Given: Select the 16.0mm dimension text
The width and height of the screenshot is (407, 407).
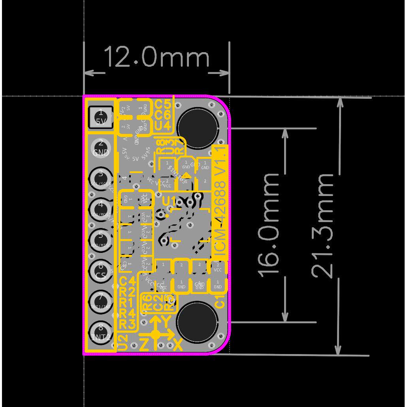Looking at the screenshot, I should point(269,224).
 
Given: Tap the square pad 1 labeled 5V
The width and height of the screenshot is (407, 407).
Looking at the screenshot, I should point(100,117).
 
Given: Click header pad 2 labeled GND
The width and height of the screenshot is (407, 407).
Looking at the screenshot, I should point(100,147).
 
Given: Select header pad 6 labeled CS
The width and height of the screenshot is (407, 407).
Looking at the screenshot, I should point(100,271).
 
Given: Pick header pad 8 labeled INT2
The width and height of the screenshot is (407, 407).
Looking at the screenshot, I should point(100,332).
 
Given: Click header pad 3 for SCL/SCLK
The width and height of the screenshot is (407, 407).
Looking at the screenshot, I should point(100,177).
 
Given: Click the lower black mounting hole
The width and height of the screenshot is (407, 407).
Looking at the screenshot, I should point(196,321).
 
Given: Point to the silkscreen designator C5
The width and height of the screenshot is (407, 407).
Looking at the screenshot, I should point(162,105).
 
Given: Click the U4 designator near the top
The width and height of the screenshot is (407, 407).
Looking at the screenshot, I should point(162,126).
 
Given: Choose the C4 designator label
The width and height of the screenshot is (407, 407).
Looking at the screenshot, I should point(127,282).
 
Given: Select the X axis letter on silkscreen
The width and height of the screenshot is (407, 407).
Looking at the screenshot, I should point(178,345).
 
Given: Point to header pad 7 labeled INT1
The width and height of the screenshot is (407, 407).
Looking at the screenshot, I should point(100,301).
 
